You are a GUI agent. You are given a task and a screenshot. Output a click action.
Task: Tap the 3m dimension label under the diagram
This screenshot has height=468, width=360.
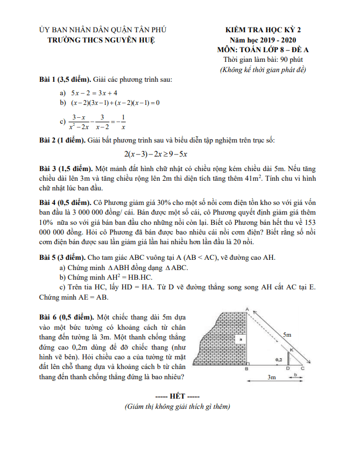point(272,378)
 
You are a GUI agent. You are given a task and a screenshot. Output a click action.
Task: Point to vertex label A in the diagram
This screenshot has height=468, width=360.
point(246,309)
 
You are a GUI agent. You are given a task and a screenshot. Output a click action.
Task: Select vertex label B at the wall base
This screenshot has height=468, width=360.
point(246,369)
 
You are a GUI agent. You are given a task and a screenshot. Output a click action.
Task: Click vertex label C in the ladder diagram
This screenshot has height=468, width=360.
point(302,368)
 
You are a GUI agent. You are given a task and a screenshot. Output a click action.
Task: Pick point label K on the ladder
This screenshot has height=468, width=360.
point(291,350)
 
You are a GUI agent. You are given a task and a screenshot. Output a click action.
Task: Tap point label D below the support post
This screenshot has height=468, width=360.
point(287,369)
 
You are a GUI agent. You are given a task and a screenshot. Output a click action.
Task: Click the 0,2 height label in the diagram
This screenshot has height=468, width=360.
point(278,358)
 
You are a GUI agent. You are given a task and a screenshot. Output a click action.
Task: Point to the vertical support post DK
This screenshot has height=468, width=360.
point(287,358)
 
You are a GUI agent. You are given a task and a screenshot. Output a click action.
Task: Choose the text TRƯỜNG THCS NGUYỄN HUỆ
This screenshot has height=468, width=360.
point(101,40)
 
